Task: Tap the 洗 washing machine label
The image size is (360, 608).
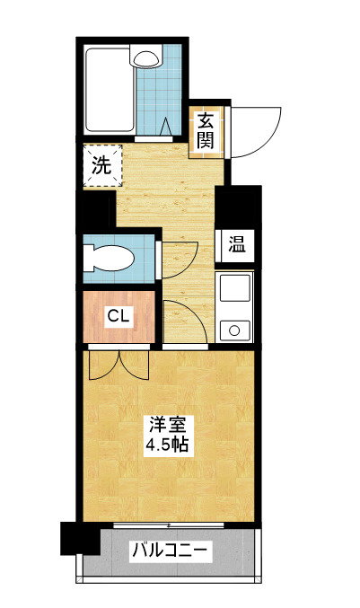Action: pos(101,165)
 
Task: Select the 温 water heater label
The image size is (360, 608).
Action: pos(236,244)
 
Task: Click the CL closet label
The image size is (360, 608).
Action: pos(119,316)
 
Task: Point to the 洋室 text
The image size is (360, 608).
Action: pos(167,425)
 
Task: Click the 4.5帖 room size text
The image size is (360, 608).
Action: pos(167,445)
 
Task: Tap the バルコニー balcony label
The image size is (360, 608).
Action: pos(170,551)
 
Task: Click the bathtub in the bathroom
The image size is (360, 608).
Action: pos(110,90)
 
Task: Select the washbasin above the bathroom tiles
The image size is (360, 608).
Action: pos(146,58)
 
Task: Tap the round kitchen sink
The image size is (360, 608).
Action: pos(234,330)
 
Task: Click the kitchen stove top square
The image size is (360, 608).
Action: pos(235,288)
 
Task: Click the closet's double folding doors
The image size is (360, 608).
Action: pos(119,366)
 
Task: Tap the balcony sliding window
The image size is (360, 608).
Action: pos(169,525)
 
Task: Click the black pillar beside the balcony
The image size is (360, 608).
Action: pos(80,538)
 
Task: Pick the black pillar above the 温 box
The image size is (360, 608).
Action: pos(238,207)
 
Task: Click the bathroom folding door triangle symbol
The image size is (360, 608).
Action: pos(167,127)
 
